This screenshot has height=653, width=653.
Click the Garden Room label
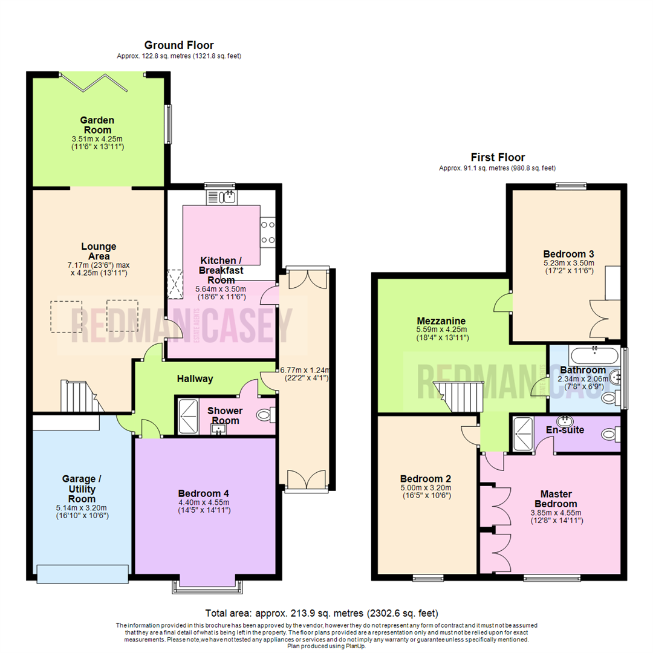(x=97, y=125)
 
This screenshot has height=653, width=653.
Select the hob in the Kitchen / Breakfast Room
(x=268, y=232)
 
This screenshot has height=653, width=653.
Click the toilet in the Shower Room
(x=265, y=415)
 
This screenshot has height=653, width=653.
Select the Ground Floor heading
(x=178, y=45)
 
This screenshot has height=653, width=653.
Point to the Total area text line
(x=322, y=612)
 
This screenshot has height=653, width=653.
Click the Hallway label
(x=195, y=379)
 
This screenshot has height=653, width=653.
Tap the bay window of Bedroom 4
(x=206, y=584)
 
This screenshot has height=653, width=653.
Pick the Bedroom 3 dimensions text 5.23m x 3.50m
(x=568, y=262)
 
